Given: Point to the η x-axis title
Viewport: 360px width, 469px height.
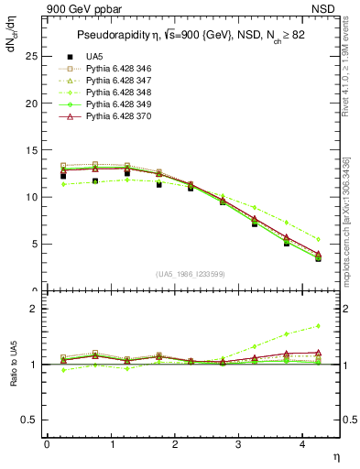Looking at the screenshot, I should pos(335,456).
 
